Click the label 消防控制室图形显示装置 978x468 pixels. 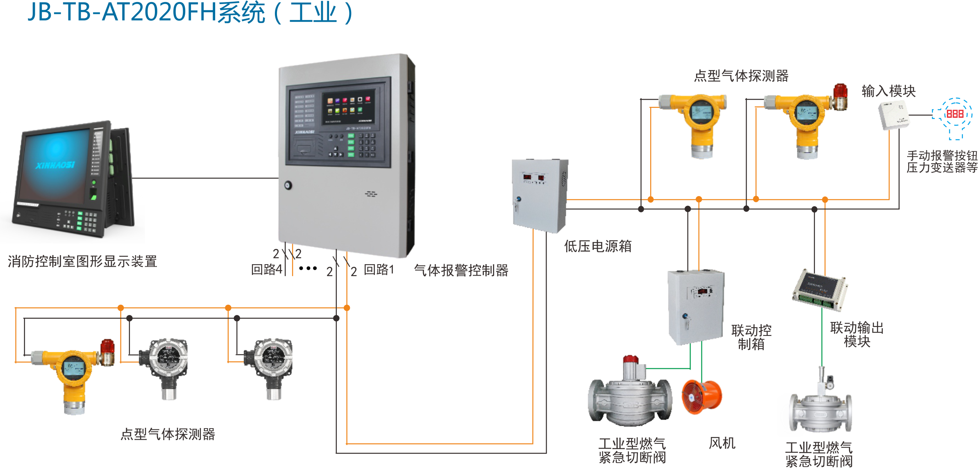(x=82, y=261)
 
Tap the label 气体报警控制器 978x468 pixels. (x=461, y=270)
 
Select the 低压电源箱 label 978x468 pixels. (x=598, y=246)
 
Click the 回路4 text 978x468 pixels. (x=266, y=269)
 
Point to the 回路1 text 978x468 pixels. (x=379, y=269)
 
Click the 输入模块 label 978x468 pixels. (x=888, y=91)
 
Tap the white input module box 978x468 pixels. (x=893, y=115)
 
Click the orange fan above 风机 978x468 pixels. (x=701, y=397)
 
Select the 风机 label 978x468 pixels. (x=722, y=443)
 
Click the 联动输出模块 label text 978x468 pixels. (x=857, y=334)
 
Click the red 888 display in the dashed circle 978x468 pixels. (x=955, y=114)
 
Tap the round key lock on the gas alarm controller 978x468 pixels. (x=288, y=185)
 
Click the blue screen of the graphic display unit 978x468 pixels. (x=55, y=164)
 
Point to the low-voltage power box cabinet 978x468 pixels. (x=539, y=195)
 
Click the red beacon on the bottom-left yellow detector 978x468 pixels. (x=108, y=347)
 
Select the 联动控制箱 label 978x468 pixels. (x=751, y=337)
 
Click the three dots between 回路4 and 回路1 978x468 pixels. (x=308, y=268)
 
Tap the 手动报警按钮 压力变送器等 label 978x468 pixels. (x=942, y=162)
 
